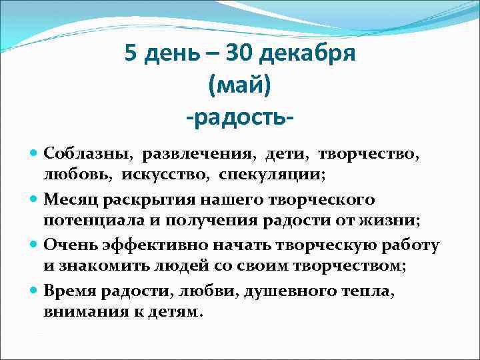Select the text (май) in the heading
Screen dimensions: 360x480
[239, 85]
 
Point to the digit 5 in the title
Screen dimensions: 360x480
[131, 53]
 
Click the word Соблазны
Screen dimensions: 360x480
[85, 155]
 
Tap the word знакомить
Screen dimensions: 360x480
[99, 266]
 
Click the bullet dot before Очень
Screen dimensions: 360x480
[35, 245]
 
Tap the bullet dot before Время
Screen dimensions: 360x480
[35, 291]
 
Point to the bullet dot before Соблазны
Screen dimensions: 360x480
[35, 155]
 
